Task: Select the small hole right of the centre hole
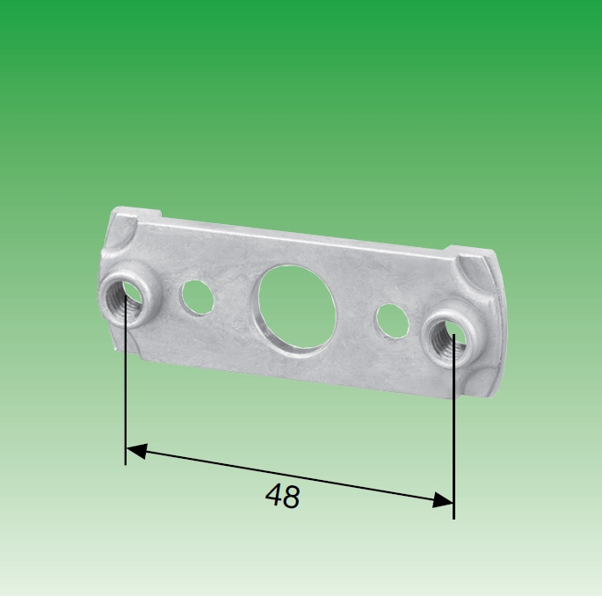point(389,321)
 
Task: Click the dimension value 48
point(282,498)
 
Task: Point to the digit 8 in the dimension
point(291,498)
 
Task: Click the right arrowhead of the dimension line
point(445,500)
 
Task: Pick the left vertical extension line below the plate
point(126,387)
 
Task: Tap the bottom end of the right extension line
point(453,518)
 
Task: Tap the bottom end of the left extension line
point(126,462)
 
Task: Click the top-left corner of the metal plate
point(115,210)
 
